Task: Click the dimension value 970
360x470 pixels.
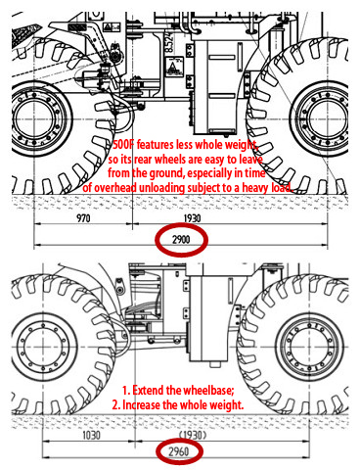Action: [x=83, y=218]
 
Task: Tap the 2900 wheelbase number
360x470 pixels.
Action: [x=181, y=240]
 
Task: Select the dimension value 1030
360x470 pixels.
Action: [x=91, y=436]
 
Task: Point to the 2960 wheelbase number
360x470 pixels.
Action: [x=179, y=451]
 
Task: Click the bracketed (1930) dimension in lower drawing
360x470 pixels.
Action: [x=193, y=435]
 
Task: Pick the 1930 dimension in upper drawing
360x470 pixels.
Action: [x=192, y=218]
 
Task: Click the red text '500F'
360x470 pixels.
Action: [x=123, y=145]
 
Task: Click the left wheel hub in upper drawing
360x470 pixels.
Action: [x=33, y=119]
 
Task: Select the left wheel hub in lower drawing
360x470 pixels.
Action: [x=43, y=347]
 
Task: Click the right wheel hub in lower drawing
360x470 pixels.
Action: [x=309, y=347]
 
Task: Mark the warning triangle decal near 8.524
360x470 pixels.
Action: [x=174, y=67]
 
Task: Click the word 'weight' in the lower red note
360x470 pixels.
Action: [x=226, y=404]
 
